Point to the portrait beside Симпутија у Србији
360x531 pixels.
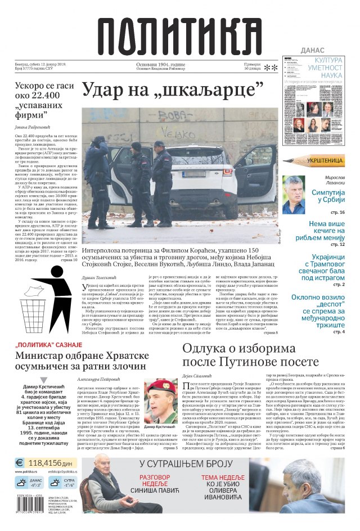(x=294, y=195)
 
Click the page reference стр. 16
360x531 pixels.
(x=337, y=212)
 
